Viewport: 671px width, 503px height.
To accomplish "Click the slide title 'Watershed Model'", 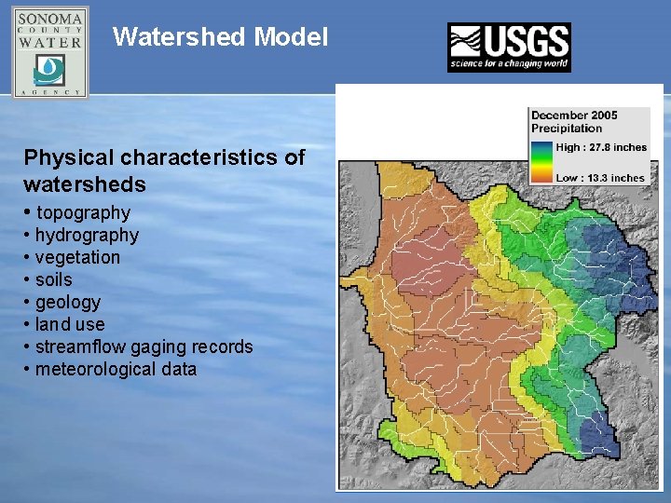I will [220, 37].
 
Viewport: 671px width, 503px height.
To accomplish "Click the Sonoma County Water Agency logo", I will [50, 52].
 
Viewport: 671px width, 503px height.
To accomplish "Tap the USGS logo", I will [509, 48].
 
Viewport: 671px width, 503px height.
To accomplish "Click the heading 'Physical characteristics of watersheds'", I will [164, 170].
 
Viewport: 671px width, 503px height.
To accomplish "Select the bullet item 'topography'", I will [83, 213].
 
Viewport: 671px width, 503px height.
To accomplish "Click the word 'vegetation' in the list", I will [77, 257].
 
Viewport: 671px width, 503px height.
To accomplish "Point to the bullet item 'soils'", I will [53, 279].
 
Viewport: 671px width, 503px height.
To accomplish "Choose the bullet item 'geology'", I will [67, 302].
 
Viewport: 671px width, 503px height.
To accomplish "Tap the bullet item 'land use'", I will [70, 324].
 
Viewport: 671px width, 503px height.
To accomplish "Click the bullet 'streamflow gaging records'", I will [144, 347].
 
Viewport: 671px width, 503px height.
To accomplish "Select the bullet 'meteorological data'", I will [116, 369].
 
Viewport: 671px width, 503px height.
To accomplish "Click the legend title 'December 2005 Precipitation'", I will [574, 122].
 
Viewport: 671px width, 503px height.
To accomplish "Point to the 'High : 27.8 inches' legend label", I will [601, 147].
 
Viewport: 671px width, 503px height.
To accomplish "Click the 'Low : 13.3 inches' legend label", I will [600, 178].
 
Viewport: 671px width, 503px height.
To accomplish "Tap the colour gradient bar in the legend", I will [541, 162].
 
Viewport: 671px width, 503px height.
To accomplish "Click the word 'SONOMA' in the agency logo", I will [50, 20].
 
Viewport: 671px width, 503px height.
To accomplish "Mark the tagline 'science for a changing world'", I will [509, 65].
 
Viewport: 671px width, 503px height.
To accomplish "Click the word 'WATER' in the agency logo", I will [50, 42].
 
